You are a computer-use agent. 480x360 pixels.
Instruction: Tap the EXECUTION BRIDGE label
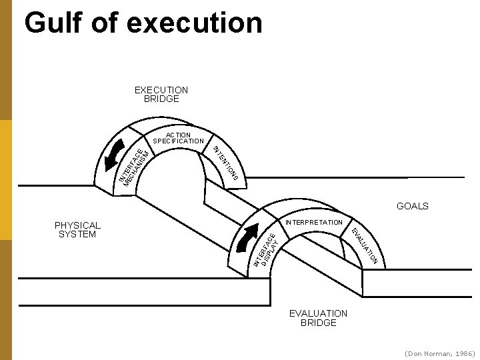pyautogui.click(x=161, y=94)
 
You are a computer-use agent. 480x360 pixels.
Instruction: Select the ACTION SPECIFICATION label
pyautogui.click(x=178, y=138)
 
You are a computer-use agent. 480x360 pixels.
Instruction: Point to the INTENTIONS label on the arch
pyautogui.click(x=226, y=163)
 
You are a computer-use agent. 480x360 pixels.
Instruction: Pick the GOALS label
pyautogui.click(x=412, y=206)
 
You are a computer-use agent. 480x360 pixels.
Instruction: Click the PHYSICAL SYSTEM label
pyautogui.click(x=77, y=230)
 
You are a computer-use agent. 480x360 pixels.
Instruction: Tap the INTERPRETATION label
pyautogui.click(x=313, y=222)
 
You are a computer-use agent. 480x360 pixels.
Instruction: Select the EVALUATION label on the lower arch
pyautogui.click(x=365, y=245)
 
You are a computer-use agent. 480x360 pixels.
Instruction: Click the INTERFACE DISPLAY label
pyautogui.click(x=266, y=249)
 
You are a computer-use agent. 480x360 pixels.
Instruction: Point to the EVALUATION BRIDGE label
pyautogui.click(x=318, y=318)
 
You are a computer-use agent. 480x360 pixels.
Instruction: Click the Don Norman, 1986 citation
pyautogui.click(x=439, y=353)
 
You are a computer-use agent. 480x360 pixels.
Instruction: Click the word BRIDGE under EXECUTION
pyautogui.click(x=161, y=99)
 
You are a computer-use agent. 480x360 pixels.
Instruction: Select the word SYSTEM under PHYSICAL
pyautogui.click(x=77, y=235)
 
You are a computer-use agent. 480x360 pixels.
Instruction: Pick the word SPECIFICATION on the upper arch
pyautogui.click(x=178, y=141)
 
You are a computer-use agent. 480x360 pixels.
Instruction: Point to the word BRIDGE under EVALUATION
pyautogui.click(x=318, y=323)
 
